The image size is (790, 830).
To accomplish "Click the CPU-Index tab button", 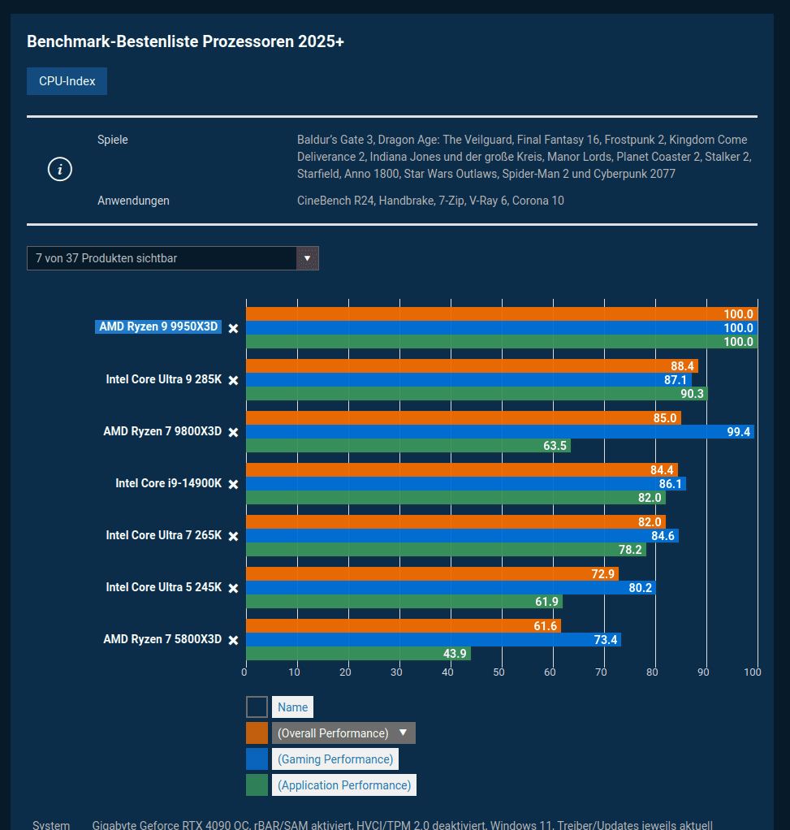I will click(x=67, y=81).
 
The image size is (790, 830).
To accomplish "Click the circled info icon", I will click(x=60, y=170).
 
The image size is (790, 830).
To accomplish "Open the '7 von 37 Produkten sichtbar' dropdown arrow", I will click(x=307, y=258).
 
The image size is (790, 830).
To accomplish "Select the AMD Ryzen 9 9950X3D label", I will click(x=158, y=327).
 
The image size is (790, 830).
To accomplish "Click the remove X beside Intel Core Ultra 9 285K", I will click(x=233, y=380).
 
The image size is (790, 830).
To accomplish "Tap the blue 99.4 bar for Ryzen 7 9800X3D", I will click(x=499, y=432).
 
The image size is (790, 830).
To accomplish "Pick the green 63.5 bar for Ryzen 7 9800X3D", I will click(x=408, y=446).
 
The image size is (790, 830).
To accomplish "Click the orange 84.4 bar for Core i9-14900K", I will click(x=461, y=469).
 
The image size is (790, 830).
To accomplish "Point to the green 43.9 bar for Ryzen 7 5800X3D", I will click(x=357, y=654).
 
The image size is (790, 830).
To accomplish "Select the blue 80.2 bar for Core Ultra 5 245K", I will click(x=450, y=587).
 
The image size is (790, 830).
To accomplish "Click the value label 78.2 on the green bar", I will click(x=630, y=550).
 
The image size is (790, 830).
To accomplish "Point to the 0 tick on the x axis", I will click(x=245, y=672).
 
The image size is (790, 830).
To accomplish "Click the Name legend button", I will click(x=292, y=707).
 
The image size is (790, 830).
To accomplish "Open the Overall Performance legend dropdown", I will click(x=343, y=733).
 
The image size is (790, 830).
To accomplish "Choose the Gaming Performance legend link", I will click(x=335, y=759).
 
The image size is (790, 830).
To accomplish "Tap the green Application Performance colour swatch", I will click(x=257, y=785).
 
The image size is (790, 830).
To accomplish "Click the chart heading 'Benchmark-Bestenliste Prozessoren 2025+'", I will click(x=186, y=41).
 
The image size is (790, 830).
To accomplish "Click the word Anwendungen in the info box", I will click(x=133, y=201).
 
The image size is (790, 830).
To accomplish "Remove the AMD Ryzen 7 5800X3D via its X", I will click(x=233, y=640).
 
